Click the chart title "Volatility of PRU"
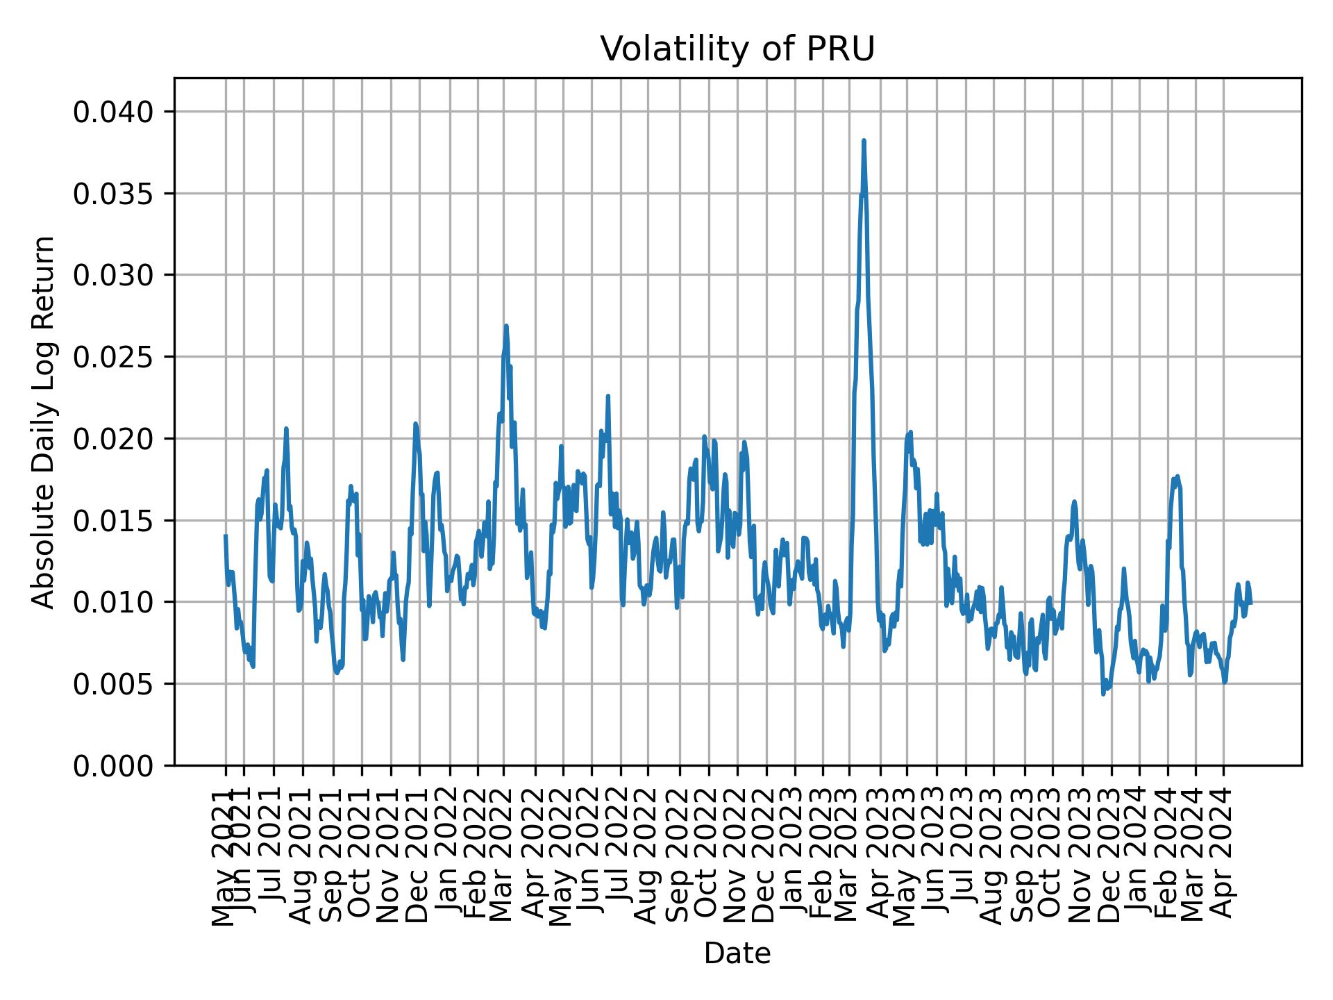(737, 49)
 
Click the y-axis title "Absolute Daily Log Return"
(44, 422)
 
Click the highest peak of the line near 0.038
(864, 141)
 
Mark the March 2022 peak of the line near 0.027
(506, 326)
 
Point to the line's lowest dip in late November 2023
(1103, 694)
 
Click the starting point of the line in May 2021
(226, 535)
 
